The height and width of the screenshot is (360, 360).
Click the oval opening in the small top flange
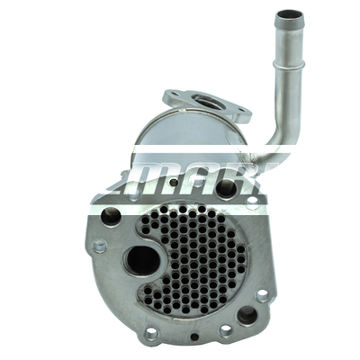tap(206, 103)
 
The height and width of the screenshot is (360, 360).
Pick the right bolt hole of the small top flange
tap(240, 114)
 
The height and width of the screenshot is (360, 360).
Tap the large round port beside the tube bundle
tap(141, 261)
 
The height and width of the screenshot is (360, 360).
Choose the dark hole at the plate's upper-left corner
tap(111, 215)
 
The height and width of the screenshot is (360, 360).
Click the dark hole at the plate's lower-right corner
tap(246, 315)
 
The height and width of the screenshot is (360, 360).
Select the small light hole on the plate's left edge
tap(100, 245)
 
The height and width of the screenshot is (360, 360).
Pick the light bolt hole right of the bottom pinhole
tap(226, 330)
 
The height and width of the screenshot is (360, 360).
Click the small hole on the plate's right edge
tap(262, 294)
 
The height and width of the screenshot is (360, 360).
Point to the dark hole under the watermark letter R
tap(225, 188)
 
